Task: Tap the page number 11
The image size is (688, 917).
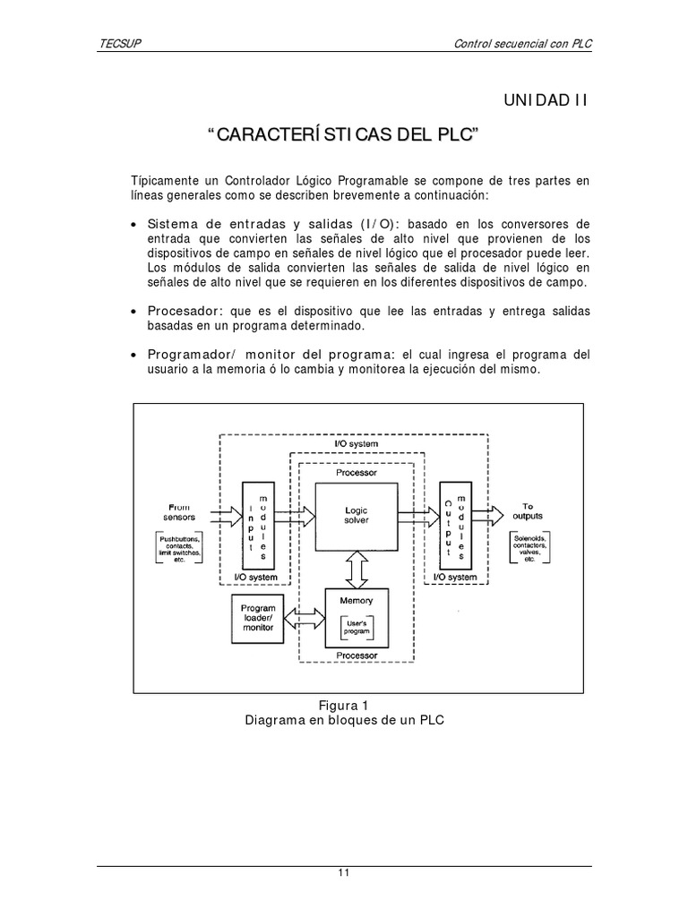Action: click(x=343, y=874)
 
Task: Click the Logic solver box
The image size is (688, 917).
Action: click(x=357, y=515)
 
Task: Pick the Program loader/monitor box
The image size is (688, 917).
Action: click(x=258, y=617)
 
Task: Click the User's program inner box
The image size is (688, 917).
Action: click(x=357, y=627)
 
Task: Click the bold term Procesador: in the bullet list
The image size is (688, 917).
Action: click(x=186, y=311)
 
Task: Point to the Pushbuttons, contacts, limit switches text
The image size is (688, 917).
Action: click(x=179, y=548)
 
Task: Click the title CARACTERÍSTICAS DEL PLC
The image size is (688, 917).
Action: click(x=344, y=135)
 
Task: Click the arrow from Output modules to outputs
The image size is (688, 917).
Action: click(x=487, y=515)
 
